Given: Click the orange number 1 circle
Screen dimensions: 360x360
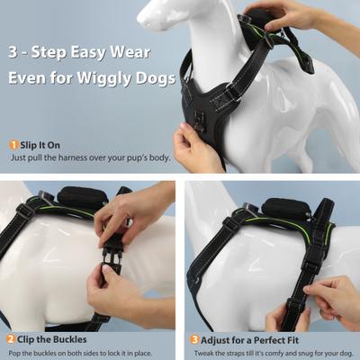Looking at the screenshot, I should point(13,145).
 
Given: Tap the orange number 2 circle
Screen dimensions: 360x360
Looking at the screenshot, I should point(11,339).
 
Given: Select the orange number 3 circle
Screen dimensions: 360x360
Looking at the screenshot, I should point(194,339).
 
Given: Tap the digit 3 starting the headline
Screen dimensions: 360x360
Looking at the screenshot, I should point(14,50).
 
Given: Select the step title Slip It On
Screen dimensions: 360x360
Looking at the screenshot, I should point(40,145).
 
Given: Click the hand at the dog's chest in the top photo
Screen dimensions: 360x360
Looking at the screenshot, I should point(196,146).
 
